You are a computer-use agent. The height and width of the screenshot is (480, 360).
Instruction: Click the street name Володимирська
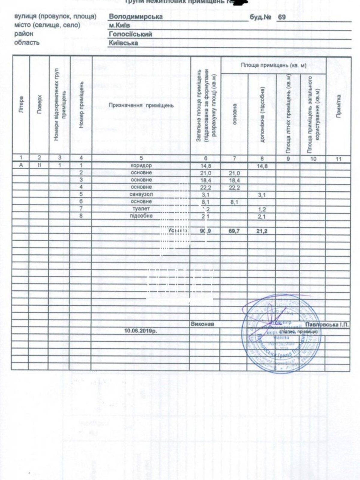click(x=136, y=16)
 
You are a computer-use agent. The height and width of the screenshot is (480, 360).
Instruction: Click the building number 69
click(x=282, y=17)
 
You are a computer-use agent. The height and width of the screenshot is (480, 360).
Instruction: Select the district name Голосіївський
click(x=130, y=34)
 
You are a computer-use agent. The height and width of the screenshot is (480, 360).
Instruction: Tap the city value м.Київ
click(x=119, y=25)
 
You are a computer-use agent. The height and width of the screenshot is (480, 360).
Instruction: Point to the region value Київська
click(x=123, y=43)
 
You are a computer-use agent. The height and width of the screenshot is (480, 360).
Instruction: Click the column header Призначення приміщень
click(x=141, y=105)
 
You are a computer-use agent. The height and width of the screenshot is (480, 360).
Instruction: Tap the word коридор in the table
click(x=142, y=166)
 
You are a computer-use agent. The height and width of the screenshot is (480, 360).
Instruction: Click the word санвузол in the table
click(x=141, y=194)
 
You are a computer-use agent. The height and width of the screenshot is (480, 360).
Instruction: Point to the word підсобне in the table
click(x=141, y=216)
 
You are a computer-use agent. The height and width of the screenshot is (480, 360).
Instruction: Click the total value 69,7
click(x=235, y=231)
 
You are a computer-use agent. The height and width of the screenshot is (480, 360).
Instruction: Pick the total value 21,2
click(x=262, y=231)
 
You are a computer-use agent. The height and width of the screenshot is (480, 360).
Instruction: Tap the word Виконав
click(x=202, y=324)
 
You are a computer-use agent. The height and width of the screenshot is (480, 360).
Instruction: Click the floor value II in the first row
click(x=40, y=165)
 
